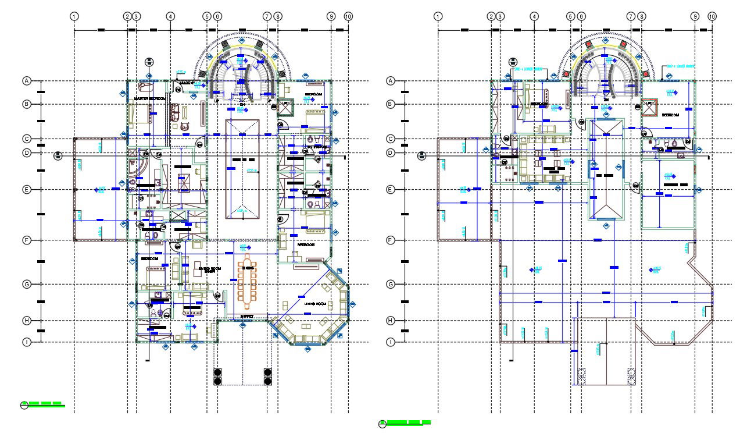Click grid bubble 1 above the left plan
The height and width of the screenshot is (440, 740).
tap(74, 16)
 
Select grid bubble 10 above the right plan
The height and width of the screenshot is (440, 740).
tap(712, 16)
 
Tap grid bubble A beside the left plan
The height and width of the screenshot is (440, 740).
tap(26, 81)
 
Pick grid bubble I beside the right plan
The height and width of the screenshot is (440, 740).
tap(391, 342)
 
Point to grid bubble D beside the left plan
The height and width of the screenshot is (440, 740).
tap(26, 153)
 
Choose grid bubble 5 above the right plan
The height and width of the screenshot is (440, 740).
tap(570, 16)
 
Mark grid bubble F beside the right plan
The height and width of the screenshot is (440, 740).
tap(391, 240)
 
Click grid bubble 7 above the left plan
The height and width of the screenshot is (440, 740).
tap(267, 16)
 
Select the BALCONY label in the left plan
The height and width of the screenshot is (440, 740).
tap(187, 83)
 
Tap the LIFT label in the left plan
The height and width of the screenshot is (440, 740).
tap(285, 102)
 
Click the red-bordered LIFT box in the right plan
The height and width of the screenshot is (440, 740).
tap(649, 106)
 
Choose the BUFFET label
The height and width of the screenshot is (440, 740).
tap(247, 317)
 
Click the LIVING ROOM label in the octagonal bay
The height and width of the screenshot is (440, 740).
tap(314, 304)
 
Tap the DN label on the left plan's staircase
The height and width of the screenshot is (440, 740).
tap(241, 101)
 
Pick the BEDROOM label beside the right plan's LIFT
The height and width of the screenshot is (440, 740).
tap(671, 115)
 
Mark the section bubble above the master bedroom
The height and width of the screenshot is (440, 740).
tap(149, 62)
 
